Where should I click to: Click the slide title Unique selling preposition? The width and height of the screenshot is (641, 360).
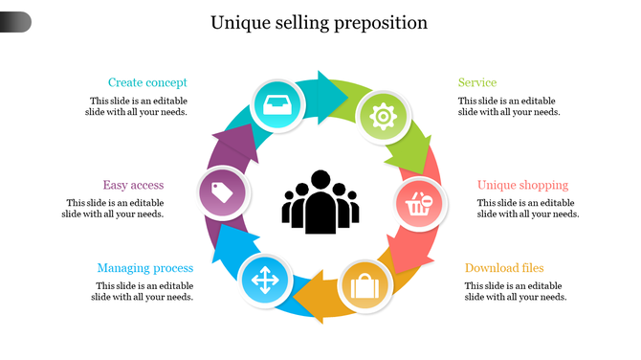(x=320, y=22)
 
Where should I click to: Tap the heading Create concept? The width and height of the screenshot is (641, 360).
(x=147, y=82)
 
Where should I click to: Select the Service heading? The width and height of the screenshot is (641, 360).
(x=476, y=82)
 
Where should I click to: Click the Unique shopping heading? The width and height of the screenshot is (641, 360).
(x=522, y=185)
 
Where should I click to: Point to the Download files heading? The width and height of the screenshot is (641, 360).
(x=504, y=268)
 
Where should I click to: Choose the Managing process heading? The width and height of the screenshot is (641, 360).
(x=144, y=268)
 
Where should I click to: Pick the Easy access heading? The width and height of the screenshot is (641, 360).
(x=133, y=185)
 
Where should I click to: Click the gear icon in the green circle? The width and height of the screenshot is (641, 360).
(x=384, y=117)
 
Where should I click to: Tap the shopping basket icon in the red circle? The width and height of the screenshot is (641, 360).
(x=421, y=204)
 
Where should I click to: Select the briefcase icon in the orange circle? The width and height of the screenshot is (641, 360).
(x=365, y=285)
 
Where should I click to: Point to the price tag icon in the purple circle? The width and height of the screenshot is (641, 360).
(x=223, y=193)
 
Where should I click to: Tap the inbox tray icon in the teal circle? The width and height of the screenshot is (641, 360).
(x=276, y=105)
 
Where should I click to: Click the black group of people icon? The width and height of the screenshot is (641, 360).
(x=320, y=202)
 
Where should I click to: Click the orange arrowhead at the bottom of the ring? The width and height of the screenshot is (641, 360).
(x=311, y=298)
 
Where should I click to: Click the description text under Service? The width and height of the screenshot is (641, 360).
(x=508, y=106)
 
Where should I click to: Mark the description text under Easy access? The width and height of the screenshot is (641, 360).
(x=115, y=209)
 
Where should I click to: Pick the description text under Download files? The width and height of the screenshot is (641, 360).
(x=516, y=291)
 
